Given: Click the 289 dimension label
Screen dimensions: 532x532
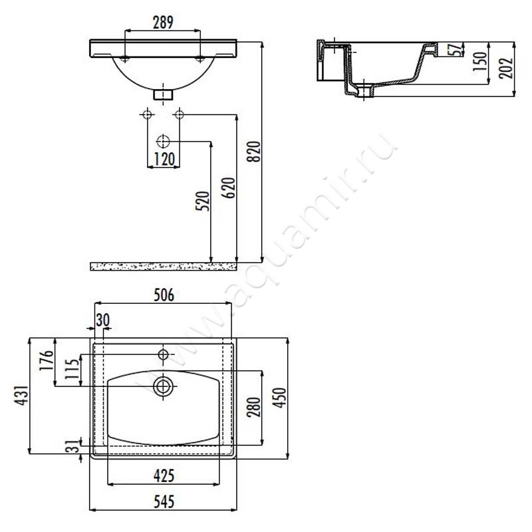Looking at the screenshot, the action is [x=163, y=23].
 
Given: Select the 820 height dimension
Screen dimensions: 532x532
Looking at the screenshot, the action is [x=255, y=152].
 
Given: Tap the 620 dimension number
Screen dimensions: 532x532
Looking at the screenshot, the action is [x=229, y=188].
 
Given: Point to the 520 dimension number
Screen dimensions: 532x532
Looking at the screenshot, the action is [x=203, y=201].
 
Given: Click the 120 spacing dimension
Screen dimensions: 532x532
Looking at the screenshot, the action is [x=164, y=159].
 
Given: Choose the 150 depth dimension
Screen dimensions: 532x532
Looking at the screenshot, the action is [x=480, y=61].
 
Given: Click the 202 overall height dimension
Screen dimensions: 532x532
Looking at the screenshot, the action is [x=506, y=68].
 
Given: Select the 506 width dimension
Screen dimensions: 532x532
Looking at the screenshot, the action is [x=164, y=295].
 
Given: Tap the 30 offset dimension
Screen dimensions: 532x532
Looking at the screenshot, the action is [x=103, y=320].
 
